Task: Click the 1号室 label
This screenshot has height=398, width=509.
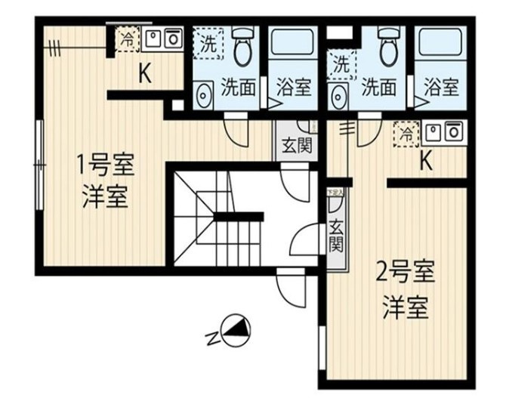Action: (x=104, y=163)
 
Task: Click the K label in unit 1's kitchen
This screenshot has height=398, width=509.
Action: (x=144, y=73)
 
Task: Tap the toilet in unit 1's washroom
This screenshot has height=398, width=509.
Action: (x=242, y=47)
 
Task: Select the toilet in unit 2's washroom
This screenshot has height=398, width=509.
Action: (x=387, y=47)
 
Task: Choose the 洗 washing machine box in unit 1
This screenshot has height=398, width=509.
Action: (x=207, y=43)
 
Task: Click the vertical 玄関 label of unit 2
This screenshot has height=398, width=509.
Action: (x=336, y=235)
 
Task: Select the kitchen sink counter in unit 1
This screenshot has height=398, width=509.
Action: (x=163, y=39)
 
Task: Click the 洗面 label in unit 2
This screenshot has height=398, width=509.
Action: (x=378, y=88)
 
